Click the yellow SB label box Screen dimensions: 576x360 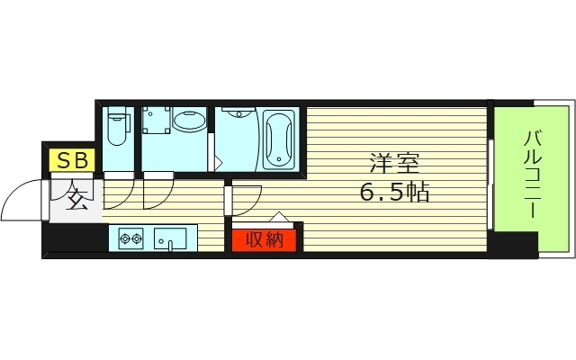pos(72,160)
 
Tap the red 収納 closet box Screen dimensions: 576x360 pos(264,240)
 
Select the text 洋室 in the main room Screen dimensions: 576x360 pos(394,164)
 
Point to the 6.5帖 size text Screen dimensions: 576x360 pos(394,193)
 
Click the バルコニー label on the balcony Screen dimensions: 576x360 pos(532,174)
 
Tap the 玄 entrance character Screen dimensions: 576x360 pos(76,200)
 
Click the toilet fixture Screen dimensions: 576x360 pos(118,126)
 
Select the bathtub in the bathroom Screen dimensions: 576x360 pos(279,139)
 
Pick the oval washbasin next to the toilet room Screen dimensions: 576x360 pos(189,120)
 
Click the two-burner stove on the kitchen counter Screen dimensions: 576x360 pos(130,238)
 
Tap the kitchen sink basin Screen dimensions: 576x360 pos(170,238)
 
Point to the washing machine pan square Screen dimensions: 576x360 pos(157,120)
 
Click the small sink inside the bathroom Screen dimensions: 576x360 pos(238,112)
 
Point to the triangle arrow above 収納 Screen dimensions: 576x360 pos(279,217)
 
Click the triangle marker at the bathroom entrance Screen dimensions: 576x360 pos(218,163)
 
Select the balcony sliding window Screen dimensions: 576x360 pos(490,184)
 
